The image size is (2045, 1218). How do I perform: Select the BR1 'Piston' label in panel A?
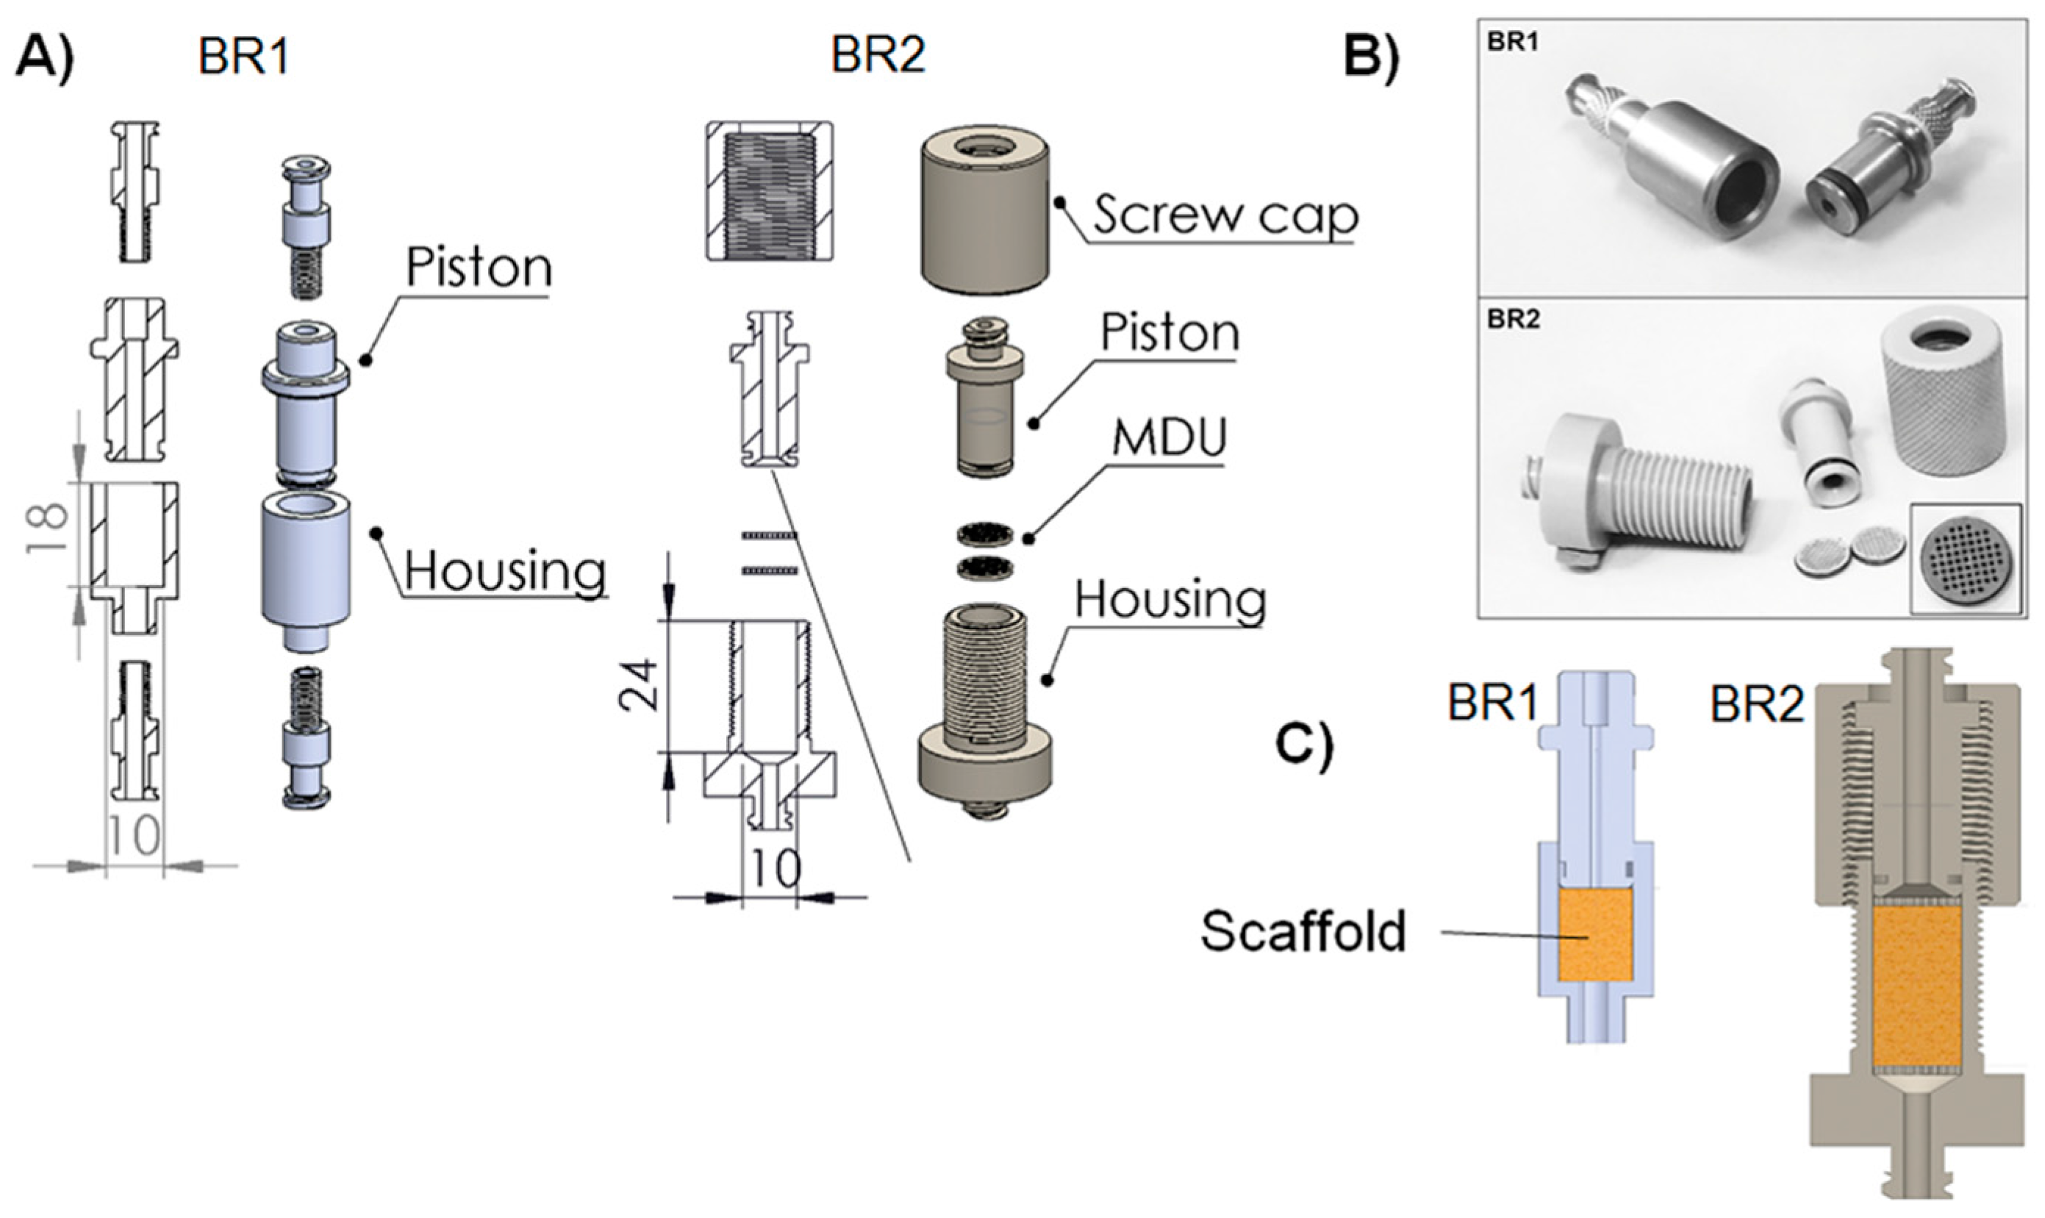click(x=479, y=268)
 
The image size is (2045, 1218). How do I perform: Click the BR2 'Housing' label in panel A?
click(x=1170, y=600)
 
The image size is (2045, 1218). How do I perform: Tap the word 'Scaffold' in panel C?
click(x=1303, y=931)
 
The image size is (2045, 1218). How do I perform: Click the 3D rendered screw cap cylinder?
click(x=986, y=212)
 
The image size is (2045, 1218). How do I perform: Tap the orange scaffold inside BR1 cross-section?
click(x=1593, y=936)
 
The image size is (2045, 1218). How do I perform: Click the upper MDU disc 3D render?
click(x=985, y=536)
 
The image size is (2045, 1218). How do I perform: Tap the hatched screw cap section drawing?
click(x=769, y=191)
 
